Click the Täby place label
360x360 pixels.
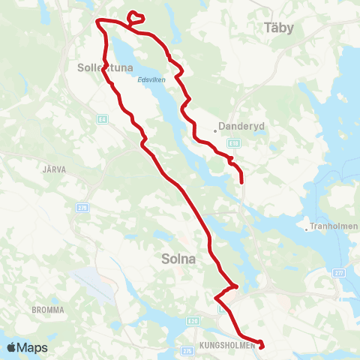279,28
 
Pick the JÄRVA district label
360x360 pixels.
55,169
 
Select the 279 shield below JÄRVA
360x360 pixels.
82,206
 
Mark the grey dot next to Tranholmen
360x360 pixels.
307,229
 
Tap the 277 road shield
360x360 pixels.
339,273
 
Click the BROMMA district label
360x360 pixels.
49,309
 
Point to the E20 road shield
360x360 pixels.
193,321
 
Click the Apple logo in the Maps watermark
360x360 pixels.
12,347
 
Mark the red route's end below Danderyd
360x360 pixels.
241,181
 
